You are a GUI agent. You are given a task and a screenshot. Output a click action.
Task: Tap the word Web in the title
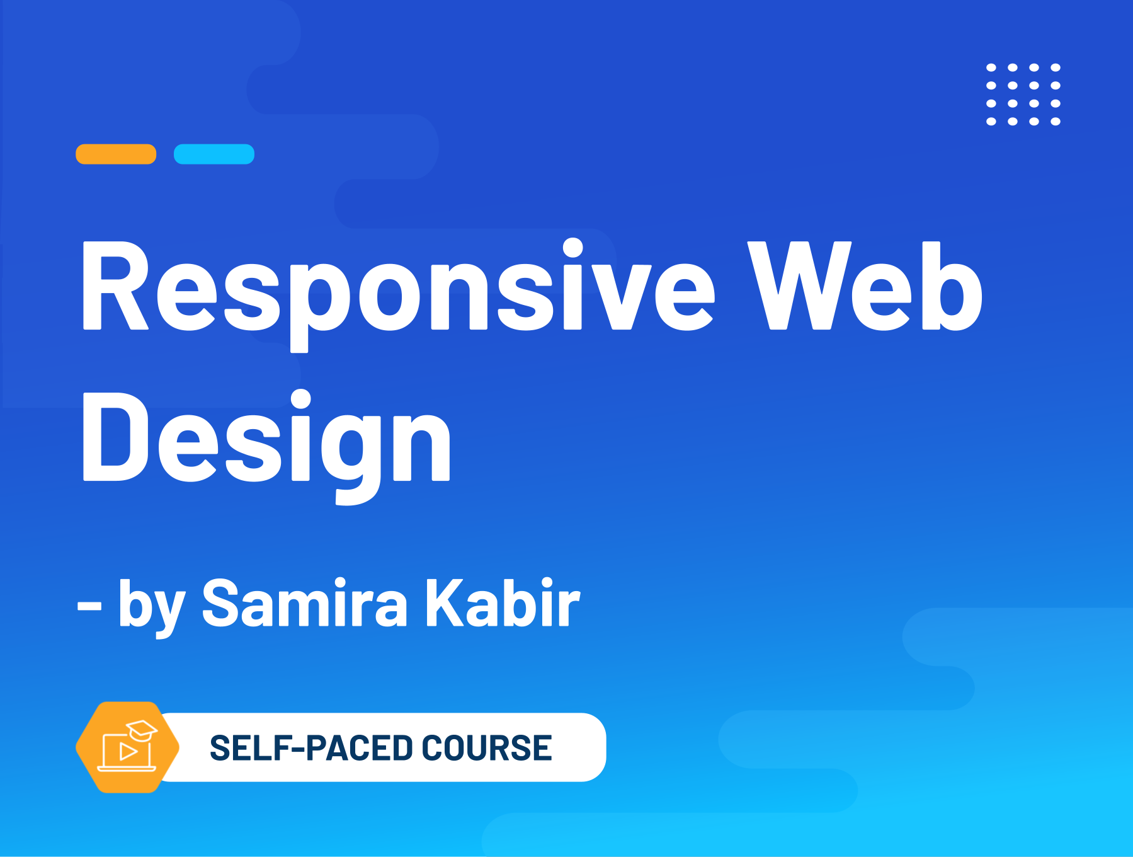[865, 285]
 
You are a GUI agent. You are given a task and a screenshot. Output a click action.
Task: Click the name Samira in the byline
[305, 603]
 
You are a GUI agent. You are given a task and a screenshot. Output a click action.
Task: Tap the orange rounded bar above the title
[116, 154]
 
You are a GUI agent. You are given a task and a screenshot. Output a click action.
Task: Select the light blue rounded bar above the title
[214, 154]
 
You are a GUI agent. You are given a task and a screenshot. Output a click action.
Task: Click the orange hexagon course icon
[128, 747]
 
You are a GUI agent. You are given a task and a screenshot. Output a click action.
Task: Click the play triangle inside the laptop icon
[128, 751]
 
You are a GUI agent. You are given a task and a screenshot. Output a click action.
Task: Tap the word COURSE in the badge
[487, 748]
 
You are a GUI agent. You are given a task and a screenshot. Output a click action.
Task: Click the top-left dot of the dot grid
[991, 67]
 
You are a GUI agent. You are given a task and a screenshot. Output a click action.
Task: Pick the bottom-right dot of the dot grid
[1056, 122]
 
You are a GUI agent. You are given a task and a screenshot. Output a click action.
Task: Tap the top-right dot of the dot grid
[1056, 67]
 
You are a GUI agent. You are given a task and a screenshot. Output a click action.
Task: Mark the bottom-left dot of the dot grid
[991, 122]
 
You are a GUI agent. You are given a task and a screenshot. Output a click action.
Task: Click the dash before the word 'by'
[89, 606]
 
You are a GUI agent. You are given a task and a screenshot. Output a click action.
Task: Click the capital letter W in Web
[799, 285]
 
